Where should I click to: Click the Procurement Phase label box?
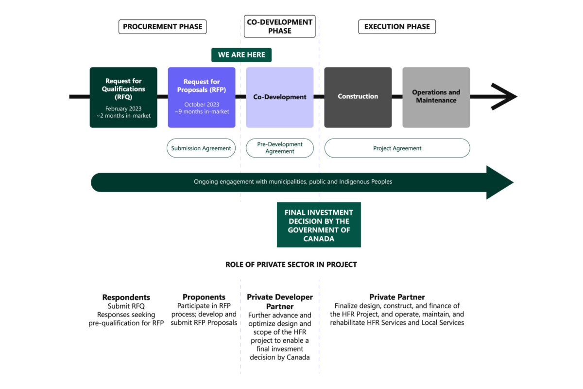click(162, 26)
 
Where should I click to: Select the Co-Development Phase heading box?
click(279, 26)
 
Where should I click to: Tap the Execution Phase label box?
click(397, 26)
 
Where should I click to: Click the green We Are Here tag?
click(241, 55)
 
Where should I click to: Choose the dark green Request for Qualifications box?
click(123, 97)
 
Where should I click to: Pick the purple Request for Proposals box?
click(202, 97)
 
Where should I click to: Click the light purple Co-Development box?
click(280, 97)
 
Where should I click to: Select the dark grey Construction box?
click(358, 97)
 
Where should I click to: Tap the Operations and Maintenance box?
click(436, 97)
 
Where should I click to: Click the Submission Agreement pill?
click(201, 148)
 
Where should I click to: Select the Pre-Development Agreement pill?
click(280, 148)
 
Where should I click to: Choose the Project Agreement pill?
click(397, 148)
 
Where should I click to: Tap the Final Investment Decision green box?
click(319, 225)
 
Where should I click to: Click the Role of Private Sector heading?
click(291, 265)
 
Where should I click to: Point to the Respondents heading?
click(126, 297)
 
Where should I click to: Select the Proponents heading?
click(204, 297)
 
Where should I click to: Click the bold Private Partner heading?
click(397, 297)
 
